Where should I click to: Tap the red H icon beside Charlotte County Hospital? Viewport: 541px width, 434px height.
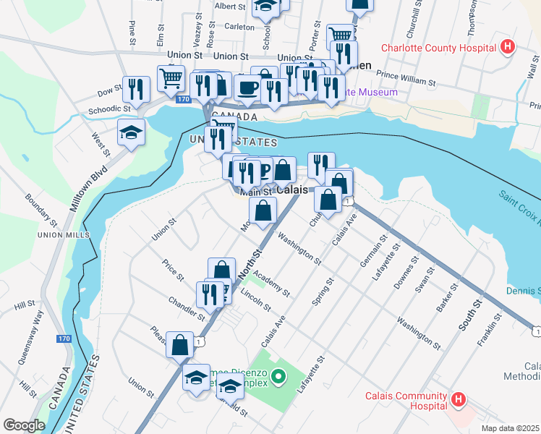click(x=508, y=48)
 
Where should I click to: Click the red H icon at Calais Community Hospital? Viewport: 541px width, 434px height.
click(x=458, y=399)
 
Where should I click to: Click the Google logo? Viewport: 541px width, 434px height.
click(x=24, y=425)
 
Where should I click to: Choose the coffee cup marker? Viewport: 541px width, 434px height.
click(x=249, y=88)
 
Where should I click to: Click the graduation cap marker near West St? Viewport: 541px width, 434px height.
click(x=132, y=132)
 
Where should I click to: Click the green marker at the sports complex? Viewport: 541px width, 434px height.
click(x=276, y=376)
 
